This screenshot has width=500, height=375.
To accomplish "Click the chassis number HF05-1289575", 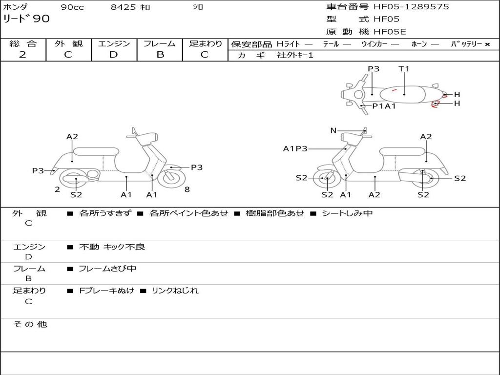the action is click(x=411, y=7).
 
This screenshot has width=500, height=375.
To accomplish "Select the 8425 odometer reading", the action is click(x=124, y=7).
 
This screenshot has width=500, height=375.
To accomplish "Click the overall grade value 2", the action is click(x=22, y=55).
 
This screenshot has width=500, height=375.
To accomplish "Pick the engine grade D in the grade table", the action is click(x=113, y=55).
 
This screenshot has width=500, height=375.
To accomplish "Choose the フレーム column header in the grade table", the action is click(x=159, y=44).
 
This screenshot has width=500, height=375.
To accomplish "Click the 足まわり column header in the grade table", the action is click(x=205, y=44).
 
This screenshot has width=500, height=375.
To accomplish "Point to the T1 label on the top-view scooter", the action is click(x=404, y=69).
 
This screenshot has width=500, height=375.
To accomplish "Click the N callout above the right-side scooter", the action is click(x=333, y=130).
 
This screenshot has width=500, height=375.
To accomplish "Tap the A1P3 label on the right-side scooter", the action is click(x=295, y=148).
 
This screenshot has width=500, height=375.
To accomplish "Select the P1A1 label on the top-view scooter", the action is click(x=384, y=106).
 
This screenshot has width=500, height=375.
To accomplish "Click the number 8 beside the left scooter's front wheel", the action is click(x=187, y=189).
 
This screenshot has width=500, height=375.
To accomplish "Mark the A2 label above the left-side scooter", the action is click(x=72, y=137).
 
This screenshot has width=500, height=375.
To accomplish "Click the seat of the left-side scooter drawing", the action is click(x=96, y=151).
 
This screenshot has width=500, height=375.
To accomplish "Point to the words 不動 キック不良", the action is click(x=112, y=247).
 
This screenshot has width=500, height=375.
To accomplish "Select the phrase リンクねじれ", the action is click(x=175, y=291).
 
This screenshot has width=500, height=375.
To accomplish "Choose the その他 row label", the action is click(x=30, y=324).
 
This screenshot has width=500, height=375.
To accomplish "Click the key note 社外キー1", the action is click(x=295, y=55).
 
